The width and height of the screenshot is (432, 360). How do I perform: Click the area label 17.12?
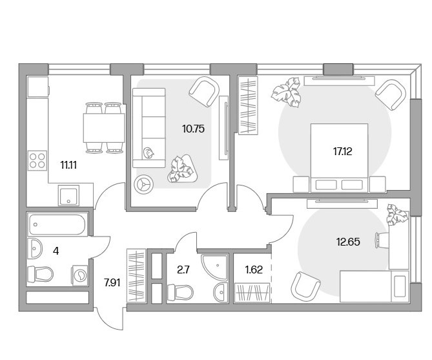342,151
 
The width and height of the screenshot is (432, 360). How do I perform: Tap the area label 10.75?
193,129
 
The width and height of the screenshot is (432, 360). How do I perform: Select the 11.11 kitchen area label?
68,165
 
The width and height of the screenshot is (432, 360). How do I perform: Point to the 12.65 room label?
348,242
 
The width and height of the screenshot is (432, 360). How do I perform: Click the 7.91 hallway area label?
112,282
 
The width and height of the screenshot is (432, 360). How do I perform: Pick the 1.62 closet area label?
254,270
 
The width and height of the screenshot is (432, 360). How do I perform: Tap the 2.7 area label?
183,270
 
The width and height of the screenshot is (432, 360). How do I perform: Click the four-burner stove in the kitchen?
37,160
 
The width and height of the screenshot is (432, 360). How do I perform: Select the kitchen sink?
68,196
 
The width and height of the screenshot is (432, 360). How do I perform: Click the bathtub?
57,224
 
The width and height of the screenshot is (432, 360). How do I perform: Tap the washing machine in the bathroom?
80,275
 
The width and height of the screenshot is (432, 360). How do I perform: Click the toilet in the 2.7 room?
180,292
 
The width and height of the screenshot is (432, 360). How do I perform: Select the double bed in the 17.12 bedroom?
340,158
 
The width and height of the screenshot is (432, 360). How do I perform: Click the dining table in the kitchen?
104,128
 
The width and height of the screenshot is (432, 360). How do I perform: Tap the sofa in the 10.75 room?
149,128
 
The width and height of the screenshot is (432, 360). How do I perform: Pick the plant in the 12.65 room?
397,215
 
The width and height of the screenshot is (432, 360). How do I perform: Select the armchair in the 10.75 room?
205,91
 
